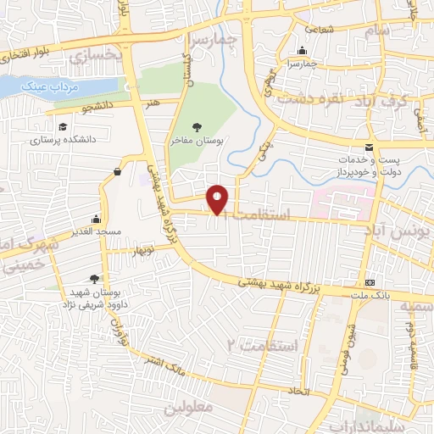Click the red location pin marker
coord(218,199)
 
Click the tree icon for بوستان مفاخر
coord(197,126)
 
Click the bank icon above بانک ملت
coord(370,282)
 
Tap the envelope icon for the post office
coord(368,149)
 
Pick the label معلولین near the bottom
coord(228,408)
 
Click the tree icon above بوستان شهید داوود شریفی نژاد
coord(93,278)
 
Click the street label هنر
coord(153,102)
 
